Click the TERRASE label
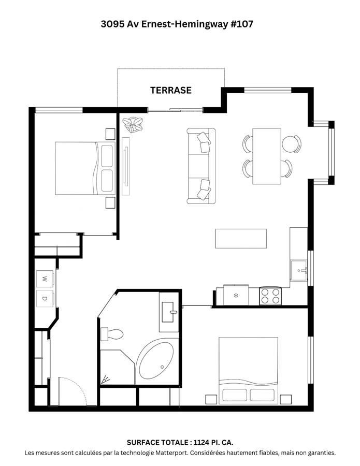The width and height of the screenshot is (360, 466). tap(170, 90)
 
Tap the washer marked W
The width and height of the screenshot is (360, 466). tap(45, 279)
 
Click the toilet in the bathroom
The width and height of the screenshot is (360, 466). tap(112, 334)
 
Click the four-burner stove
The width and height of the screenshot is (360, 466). tap(270, 296)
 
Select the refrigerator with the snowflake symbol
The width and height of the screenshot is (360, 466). tap(235, 295)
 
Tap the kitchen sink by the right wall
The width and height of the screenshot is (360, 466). tap(299, 270)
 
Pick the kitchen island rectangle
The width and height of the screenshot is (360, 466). tap(241, 238)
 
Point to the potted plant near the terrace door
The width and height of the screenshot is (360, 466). tap(134, 125)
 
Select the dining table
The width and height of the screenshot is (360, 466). tap(266, 156)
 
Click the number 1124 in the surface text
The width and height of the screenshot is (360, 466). tap(203, 443)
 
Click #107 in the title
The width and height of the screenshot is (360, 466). tap(240, 24)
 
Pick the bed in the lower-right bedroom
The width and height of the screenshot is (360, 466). tap(249, 370)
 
